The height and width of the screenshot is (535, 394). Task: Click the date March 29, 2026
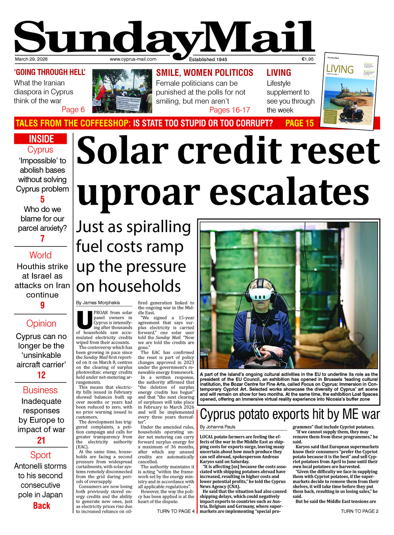[x=31, y=59]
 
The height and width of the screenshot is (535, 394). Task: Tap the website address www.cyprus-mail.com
[x=133, y=59]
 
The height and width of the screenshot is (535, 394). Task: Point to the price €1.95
[x=307, y=59]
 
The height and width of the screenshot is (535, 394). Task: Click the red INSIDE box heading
[x=41, y=139]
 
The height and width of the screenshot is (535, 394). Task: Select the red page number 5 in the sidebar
[x=42, y=199]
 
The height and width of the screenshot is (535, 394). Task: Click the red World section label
[x=41, y=255]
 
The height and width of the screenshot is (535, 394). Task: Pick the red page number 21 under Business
[x=41, y=440]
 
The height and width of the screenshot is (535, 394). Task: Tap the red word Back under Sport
[x=42, y=506]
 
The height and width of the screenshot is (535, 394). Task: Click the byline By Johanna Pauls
[x=218, y=427]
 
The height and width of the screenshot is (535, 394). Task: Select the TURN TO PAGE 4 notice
[x=176, y=511]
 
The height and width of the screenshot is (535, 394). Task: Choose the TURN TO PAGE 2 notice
[x=359, y=511]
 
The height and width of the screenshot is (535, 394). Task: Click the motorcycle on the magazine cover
[x=352, y=112]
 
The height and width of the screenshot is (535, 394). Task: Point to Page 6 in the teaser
[x=73, y=110]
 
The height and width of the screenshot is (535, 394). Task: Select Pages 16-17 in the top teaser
[x=230, y=110]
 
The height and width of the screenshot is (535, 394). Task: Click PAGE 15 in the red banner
[x=299, y=123]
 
